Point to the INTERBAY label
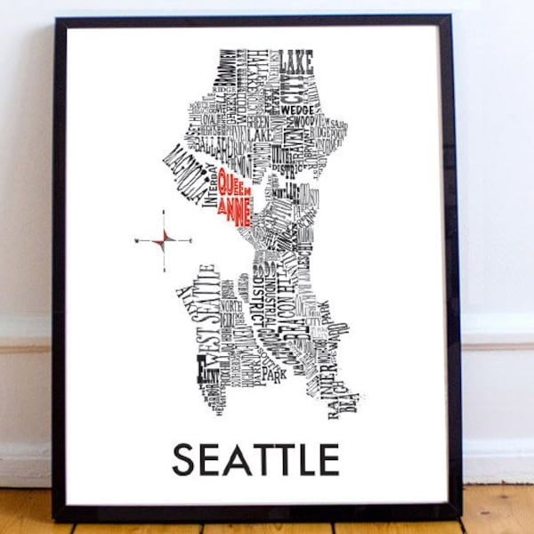211,188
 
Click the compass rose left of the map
164,240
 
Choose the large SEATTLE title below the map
255,459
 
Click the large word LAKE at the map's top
296,62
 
